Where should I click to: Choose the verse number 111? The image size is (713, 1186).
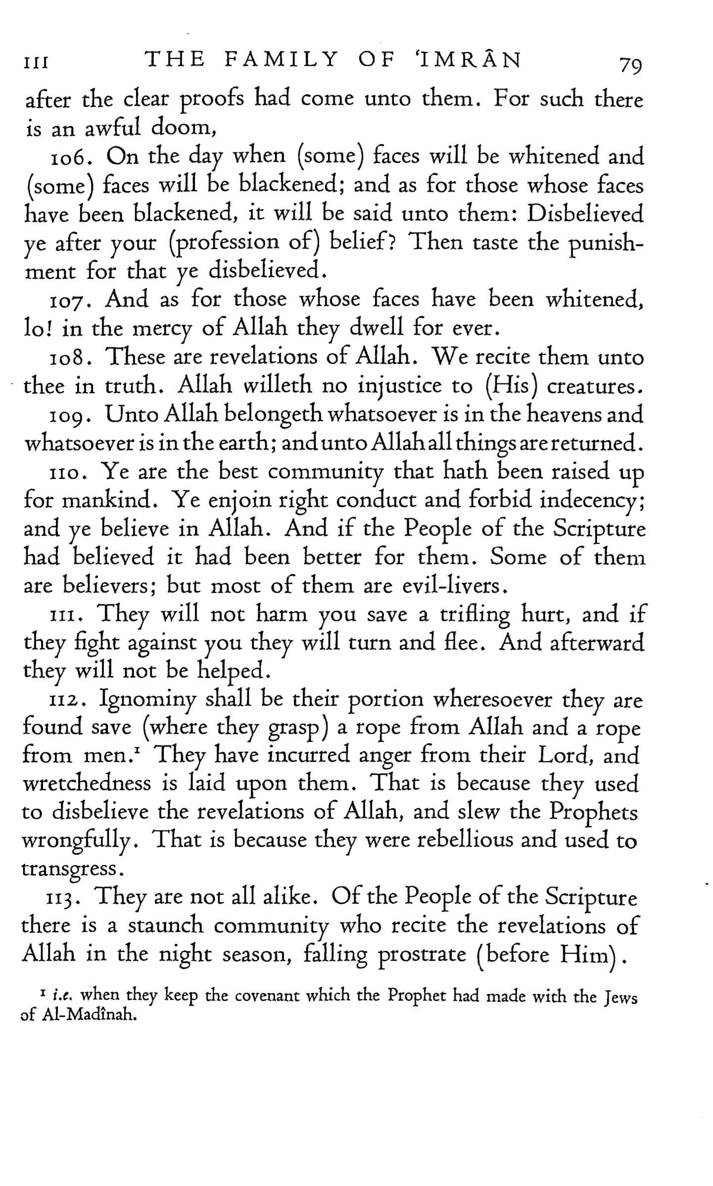pyautogui.click(x=64, y=616)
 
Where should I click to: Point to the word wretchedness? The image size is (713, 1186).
pyautogui.click(x=87, y=784)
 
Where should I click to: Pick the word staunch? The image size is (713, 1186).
pyautogui.click(x=165, y=927)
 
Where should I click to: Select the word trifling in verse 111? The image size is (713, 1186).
pyautogui.click(x=475, y=616)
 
